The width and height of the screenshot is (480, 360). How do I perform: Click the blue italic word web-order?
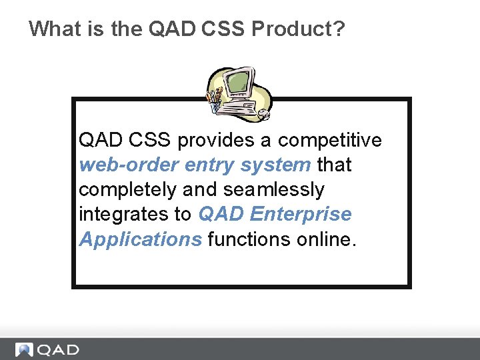(129, 165)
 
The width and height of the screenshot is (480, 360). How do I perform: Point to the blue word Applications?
(140, 239)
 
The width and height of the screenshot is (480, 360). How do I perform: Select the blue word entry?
(210, 165)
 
